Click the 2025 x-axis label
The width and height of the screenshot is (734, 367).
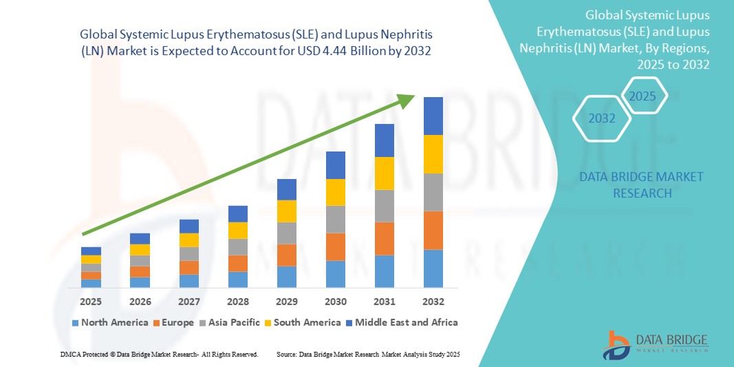point(91,302)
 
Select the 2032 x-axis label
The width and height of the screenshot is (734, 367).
point(433,302)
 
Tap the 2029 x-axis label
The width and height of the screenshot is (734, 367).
point(286,302)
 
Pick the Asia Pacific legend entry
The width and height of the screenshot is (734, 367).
point(229,322)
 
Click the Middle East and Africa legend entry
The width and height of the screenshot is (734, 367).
point(402,322)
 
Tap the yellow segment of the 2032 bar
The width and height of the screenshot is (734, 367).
point(433,154)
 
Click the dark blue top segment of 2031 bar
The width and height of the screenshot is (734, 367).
point(384,140)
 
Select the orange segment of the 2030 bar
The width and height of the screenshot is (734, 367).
point(335,247)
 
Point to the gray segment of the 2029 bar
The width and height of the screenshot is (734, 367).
point(286,233)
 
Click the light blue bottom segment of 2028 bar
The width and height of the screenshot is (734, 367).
point(237,279)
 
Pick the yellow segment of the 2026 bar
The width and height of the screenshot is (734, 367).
point(140,249)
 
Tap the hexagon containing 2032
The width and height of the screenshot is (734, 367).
point(602,118)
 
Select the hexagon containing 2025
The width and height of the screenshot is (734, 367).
point(643,96)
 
